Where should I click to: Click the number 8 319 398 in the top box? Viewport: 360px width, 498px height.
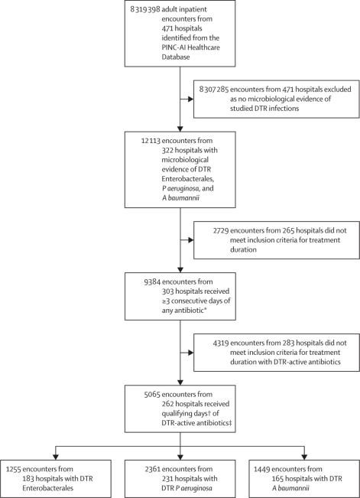[145, 9]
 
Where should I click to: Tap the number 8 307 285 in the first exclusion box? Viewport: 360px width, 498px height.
[214, 90]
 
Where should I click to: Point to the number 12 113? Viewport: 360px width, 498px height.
[151, 141]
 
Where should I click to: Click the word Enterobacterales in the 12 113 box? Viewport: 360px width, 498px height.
[187, 179]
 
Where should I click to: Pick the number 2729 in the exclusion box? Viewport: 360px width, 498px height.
[221, 230]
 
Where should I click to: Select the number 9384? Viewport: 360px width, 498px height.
[152, 282]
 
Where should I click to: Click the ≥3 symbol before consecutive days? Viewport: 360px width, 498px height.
[166, 301]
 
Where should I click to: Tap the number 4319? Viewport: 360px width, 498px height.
[221, 343]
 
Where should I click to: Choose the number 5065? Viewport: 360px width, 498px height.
[152, 395]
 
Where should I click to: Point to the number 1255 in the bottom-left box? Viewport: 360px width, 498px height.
[14, 469]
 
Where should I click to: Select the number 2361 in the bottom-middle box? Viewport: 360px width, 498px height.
[153, 469]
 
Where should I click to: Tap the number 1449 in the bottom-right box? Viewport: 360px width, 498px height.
[262, 469]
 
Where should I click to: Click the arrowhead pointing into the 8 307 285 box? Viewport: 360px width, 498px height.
[191, 99]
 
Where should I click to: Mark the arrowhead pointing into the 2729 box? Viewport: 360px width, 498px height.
[191, 240]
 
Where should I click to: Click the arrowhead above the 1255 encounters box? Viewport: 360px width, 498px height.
[56, 457]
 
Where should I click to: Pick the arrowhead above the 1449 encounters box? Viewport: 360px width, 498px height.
[304, 457]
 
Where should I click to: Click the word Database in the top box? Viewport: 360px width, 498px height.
[176, 57]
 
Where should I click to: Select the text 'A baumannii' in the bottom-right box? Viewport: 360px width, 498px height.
[290, 488]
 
